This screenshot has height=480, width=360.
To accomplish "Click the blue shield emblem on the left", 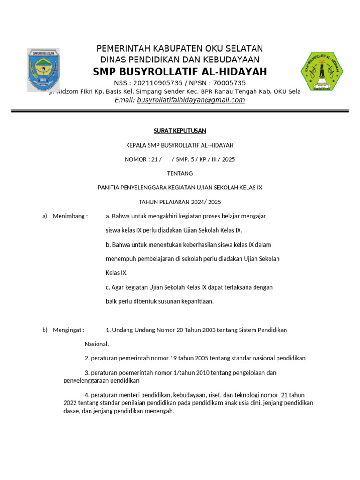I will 43,70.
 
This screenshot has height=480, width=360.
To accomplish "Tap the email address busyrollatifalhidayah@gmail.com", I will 191,100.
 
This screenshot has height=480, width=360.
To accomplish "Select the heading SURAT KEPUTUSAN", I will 180,130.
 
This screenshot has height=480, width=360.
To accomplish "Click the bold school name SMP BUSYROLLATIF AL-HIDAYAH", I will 180,72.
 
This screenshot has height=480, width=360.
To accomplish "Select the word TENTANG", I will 180,173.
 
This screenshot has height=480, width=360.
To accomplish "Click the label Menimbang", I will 70,216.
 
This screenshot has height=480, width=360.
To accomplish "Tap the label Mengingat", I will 68,330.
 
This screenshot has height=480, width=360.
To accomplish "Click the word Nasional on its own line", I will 97,344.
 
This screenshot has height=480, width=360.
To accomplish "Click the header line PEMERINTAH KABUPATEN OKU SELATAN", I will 180,49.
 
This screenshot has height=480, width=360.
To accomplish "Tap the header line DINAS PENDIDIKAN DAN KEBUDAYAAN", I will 180,60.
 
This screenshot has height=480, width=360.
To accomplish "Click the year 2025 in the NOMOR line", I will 229,159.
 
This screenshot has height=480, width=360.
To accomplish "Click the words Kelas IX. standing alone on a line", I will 117,273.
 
